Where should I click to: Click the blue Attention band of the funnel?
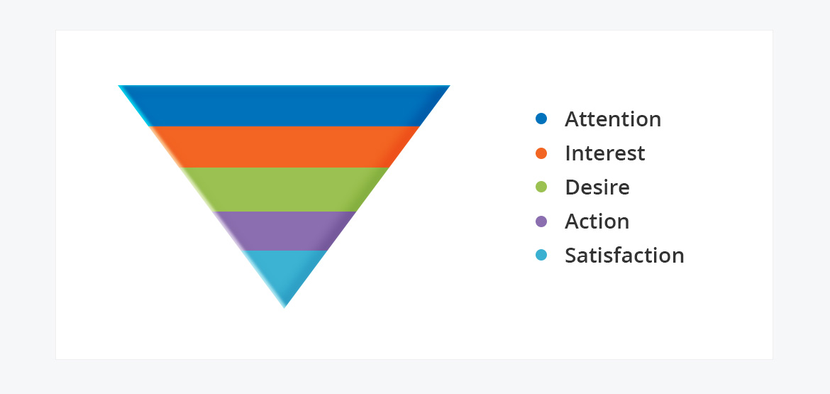tap(284, 105)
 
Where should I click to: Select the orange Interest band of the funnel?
tap(284, 147)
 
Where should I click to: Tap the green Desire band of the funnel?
tap(284, 189)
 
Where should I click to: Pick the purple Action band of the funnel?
tap(284, 231)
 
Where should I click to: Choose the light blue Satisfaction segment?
tap(284, 273)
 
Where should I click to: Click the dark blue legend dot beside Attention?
tap(541, 119)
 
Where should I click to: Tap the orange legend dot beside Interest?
tap(541, 153)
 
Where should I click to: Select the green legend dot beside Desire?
tap(541, 187)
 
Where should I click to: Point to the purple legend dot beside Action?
tap(541, 221)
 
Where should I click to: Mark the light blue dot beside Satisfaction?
tap(541, 256)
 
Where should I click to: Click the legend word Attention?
tap(613, 119)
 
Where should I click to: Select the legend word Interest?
tap(605, 153)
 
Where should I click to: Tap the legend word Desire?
tap(597, 187)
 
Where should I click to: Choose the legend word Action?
tap(597, 221)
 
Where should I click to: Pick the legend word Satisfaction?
tap(624, 256)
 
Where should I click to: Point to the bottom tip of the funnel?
tap(284, 307)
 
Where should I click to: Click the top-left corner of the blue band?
tap(118, 85)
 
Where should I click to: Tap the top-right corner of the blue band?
tap(450, 85)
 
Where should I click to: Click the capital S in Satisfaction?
tap(570, 256)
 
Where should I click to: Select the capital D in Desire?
tap(572, 187)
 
